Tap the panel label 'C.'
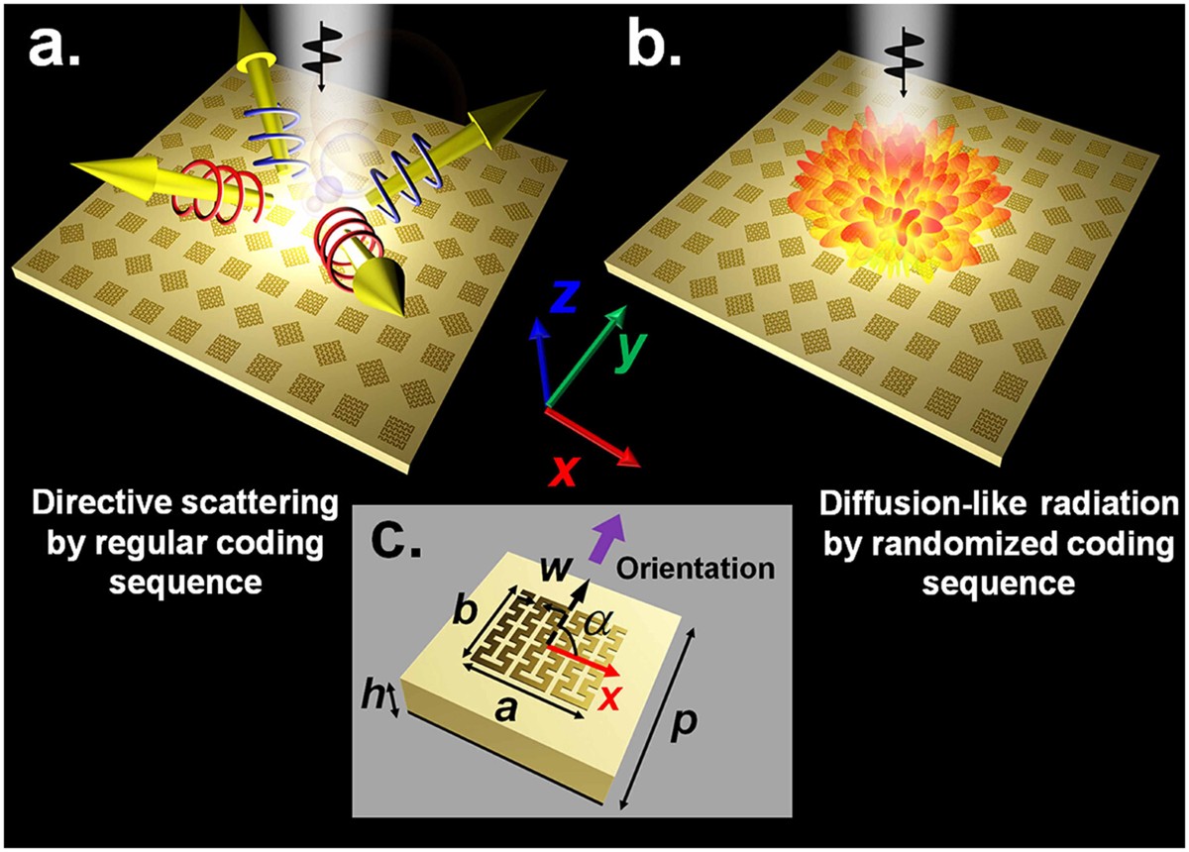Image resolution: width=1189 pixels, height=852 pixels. click(400, 539)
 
